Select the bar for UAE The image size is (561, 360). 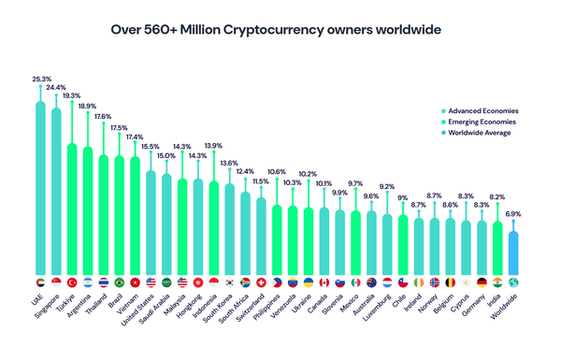click(40, 187)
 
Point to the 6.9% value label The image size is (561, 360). click(512, 214)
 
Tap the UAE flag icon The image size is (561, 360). click(40, 282)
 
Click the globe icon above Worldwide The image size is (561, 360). click(512, 282)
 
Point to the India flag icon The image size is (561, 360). click(496, 282)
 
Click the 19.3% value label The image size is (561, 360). click(72, 95)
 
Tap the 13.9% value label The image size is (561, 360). click(213, 145)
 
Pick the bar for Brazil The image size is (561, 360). click(119, 215)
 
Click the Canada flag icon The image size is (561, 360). click(324, 282)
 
